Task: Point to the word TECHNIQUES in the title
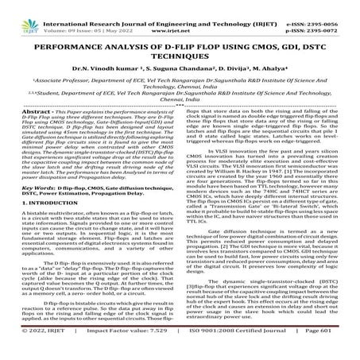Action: pos(180,50)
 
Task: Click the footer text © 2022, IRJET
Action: pos(33,350)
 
